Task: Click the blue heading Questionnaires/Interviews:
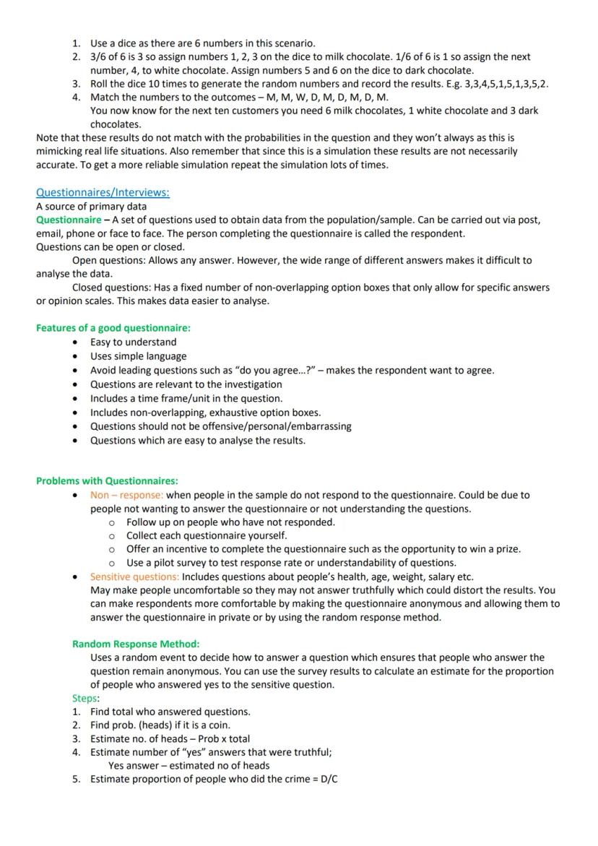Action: [x=103, y=192]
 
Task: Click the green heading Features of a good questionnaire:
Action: [x=113, y=327]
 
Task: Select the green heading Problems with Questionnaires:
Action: [x=107, y=480]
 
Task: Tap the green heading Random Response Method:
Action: [x=136, y=644]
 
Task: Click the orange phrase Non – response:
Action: [x=126, y=495]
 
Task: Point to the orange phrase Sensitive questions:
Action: [x=134, y=577]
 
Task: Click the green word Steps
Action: [x=84, y=698]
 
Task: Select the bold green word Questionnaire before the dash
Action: [x=69, y=220]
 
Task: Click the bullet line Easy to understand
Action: [x=133, y=342]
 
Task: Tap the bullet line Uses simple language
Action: [x=138, y=356]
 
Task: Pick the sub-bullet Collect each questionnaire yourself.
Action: [x=207, y=535]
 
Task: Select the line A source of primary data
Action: [x=91, y=206]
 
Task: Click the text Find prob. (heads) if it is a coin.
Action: [x=160, y=725]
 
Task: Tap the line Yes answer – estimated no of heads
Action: [x=188, y=765]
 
